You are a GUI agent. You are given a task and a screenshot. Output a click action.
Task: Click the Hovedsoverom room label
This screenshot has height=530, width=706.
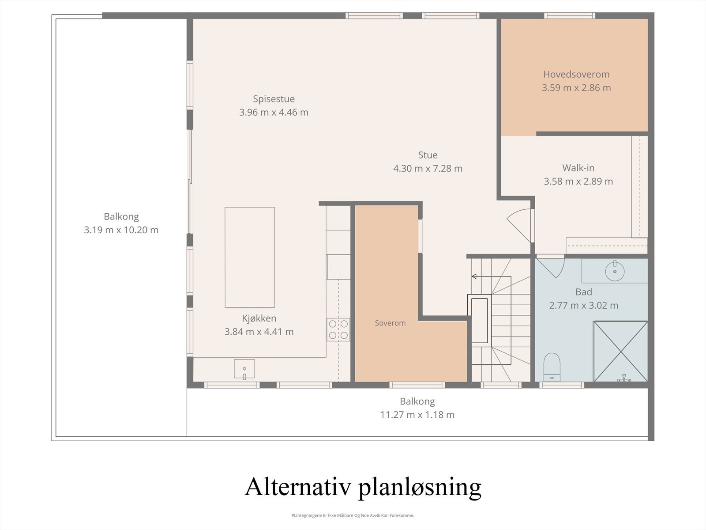(x=576, y=74)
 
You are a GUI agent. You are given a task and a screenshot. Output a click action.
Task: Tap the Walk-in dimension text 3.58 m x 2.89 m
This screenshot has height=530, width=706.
(x=578, y=181)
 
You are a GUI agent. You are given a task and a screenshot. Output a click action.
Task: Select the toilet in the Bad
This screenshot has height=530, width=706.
(x=552, y=367)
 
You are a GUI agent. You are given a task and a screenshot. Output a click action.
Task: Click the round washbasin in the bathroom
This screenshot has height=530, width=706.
(x=614, y=270)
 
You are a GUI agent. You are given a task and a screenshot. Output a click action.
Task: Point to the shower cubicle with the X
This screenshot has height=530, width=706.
(x=620, y=351)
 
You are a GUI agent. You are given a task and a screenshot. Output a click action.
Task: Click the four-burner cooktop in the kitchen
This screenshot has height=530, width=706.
(x=338, y=329)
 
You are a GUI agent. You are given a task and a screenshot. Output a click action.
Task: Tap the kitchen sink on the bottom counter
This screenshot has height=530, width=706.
(x=244, y=369)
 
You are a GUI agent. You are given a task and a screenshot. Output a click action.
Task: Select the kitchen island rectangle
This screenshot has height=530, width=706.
(x=250, y=257)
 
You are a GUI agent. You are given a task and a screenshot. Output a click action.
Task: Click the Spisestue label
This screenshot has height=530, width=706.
(x=274, y=99)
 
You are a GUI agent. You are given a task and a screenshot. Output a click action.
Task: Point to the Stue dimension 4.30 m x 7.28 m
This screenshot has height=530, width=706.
(x=428, y=168)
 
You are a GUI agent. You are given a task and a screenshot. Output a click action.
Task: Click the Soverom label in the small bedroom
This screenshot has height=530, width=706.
(x=390, y=323)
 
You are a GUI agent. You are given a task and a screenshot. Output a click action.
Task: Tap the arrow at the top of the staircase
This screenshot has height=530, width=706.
(x=474, y=276)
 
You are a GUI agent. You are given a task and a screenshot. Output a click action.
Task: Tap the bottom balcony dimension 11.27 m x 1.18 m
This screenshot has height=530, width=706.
(x=417, y=415)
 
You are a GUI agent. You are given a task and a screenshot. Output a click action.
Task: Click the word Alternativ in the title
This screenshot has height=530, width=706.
(x=298, y=487)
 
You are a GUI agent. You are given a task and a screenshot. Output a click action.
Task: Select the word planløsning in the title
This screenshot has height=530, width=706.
(x=419, y=488)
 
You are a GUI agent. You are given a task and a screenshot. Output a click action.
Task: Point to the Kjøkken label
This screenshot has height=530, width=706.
(x=259, y=318)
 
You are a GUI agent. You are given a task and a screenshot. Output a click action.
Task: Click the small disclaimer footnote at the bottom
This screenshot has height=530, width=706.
(x=353, y=515)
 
